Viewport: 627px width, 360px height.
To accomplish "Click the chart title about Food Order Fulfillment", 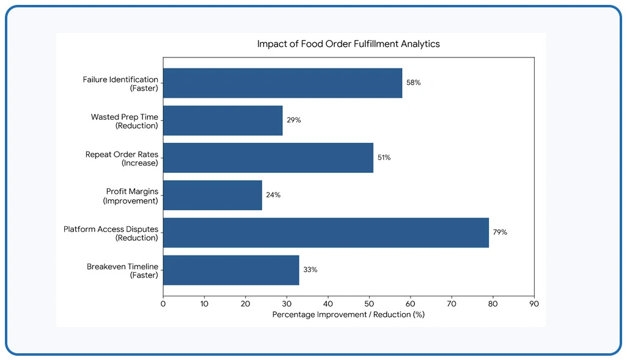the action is tap(348, 44).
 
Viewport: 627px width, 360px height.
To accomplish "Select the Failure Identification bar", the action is tap(283, 83).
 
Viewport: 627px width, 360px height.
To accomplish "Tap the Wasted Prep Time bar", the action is tap(223, 120).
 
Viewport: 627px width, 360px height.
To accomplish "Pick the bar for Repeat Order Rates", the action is tap(268, 158).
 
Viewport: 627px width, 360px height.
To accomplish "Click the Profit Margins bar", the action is tap(213, 195).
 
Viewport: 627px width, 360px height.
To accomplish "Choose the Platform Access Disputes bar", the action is tap(326, 233).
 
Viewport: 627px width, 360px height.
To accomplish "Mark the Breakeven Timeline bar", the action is tap(231, 270).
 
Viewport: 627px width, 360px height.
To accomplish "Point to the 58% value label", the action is tap(414, 83).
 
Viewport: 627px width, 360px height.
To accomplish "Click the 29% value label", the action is tap(294, 120).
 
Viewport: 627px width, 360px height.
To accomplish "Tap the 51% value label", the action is tap(384, 158).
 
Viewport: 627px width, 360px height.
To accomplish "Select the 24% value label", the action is tap(274, 195).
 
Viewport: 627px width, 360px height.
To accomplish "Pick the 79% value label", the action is tap(501, 232).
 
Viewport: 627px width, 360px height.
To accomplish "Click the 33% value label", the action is tap(310, 270).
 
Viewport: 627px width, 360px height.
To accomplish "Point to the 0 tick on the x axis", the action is tap(163, 304).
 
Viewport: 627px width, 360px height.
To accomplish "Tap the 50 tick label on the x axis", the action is tap(369, 304).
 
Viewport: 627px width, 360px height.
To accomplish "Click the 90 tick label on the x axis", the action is tap(534, 304).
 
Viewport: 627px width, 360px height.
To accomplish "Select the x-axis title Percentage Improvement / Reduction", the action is tap(348, 315).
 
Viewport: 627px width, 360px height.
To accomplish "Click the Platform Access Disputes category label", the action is tap(111, 233).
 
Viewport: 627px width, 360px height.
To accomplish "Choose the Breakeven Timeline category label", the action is tap(122, 271).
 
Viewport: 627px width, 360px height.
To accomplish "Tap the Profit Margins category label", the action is tap(131, 196).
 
